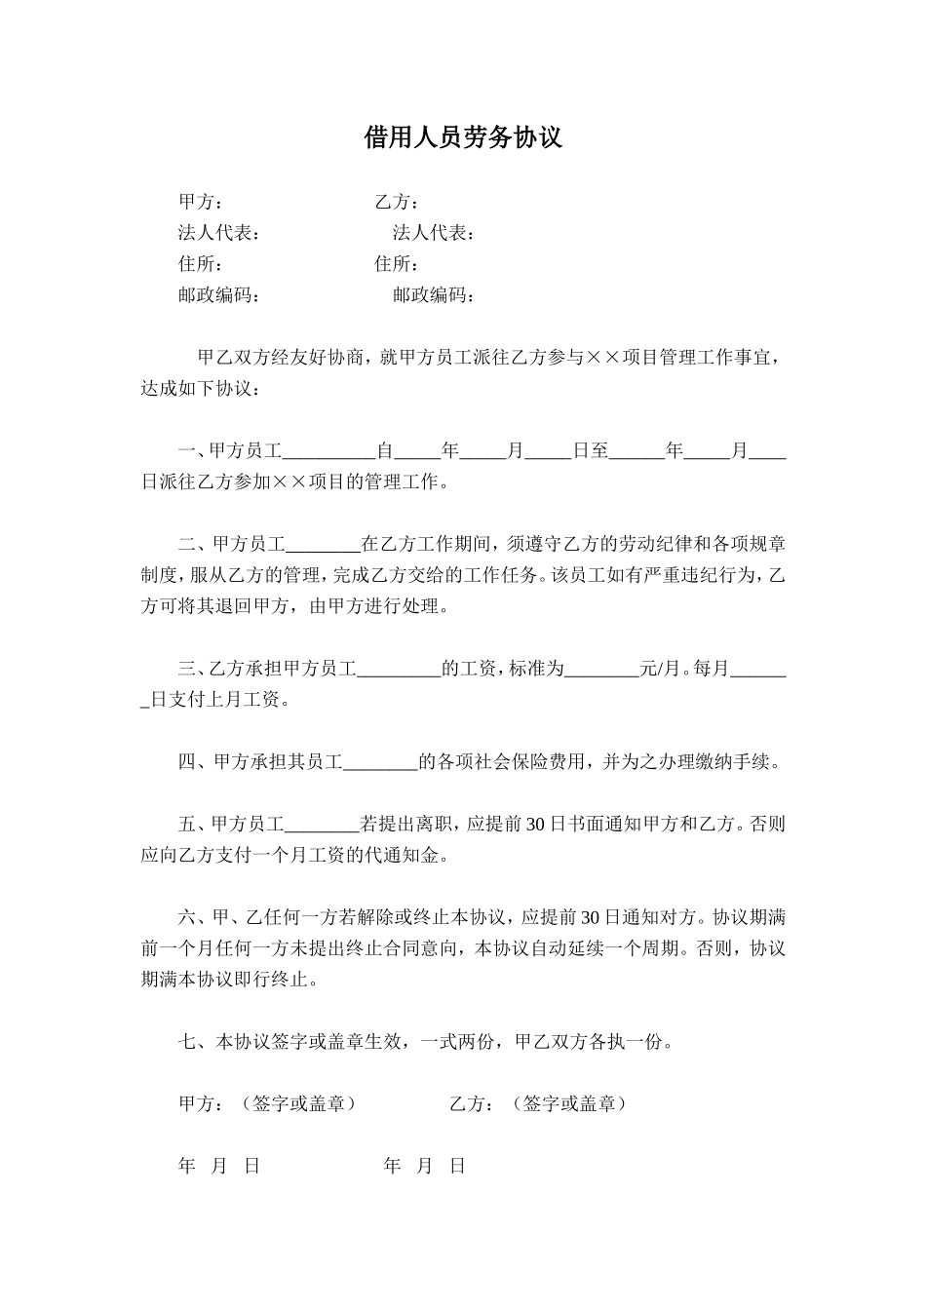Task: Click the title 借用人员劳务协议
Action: (463, 137)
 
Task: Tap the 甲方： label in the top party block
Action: (201, 203)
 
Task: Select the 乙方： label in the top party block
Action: (397, 203)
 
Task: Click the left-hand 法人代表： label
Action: (218, 234)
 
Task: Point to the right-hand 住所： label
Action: (397, 264)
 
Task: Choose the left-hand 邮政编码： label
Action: (218, 295)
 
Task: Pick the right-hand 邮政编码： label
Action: (434, 295)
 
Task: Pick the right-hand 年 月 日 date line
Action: (425, 1167)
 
